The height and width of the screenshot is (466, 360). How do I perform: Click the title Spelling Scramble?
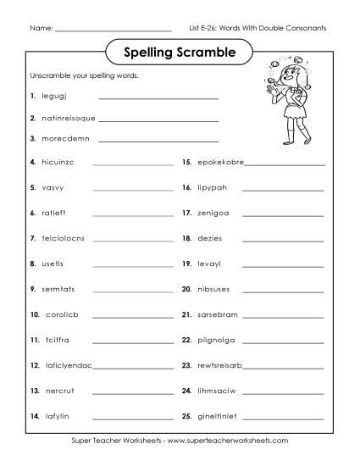(180, 52)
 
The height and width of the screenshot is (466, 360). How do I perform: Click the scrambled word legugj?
(55, 97)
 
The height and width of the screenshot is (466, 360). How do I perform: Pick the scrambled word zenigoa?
(212, 212)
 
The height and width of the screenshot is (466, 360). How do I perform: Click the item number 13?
(34, 391)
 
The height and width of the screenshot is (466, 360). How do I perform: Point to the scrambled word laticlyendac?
(68, 366)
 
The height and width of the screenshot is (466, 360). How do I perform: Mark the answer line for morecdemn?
(158, 140)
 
